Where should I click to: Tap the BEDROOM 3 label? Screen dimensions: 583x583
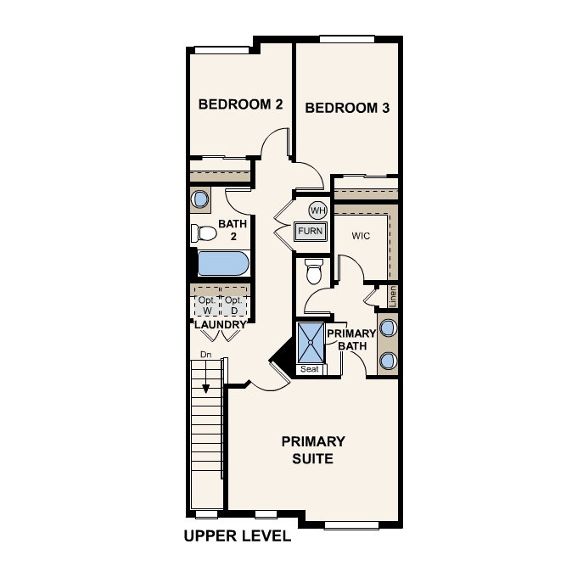click(x=347, y=108)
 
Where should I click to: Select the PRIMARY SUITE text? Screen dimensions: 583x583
click(x=313, y=450)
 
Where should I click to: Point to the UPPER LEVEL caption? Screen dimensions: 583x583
click(x=238, y=536)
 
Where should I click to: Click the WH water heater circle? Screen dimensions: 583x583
click(x=317, y=210)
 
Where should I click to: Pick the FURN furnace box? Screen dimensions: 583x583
click(x=311, y=231)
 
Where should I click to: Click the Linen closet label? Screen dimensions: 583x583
click(x=393, y=297)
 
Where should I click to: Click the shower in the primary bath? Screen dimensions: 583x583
click(x=311, y=343)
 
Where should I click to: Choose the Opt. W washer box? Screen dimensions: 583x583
click(x=206, y=306)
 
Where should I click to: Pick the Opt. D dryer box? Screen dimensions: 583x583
click(x=233, y=306)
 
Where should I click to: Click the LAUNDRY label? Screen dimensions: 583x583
click(x=220, y=325)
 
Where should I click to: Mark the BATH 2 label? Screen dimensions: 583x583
click(x=233, y=229)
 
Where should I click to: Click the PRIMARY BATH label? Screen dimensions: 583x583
click(x=351, y=339)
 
